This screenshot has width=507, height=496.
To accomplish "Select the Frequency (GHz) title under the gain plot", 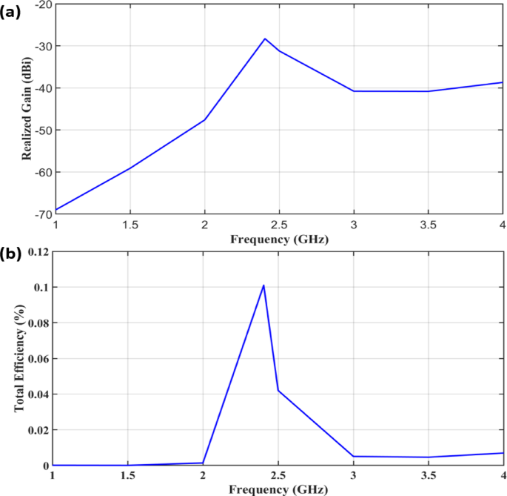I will pos(278,239).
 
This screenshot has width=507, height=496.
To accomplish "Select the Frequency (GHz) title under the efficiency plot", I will pos(278,489).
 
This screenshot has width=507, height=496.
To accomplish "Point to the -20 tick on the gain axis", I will pos(41,4).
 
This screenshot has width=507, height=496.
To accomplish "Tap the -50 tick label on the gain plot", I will pos(41,130).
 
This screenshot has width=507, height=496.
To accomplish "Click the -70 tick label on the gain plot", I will pos(41,214).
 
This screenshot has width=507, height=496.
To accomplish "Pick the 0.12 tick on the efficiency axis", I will pos(38,252).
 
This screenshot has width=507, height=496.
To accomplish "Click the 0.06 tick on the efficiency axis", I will pos(38,359).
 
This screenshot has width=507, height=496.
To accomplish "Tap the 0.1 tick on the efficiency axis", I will pos(41,288).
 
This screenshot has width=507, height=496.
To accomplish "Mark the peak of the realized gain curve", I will pos(264,39).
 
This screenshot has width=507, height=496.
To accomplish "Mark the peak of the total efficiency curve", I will pos(263,285).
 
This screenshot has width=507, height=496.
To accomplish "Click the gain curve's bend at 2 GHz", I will pos(204,119).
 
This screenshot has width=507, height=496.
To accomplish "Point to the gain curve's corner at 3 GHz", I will pos(353,91).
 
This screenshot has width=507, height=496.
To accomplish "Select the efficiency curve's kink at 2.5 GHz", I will pos(278,390).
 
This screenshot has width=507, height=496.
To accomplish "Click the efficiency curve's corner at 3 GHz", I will pos(353,456).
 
